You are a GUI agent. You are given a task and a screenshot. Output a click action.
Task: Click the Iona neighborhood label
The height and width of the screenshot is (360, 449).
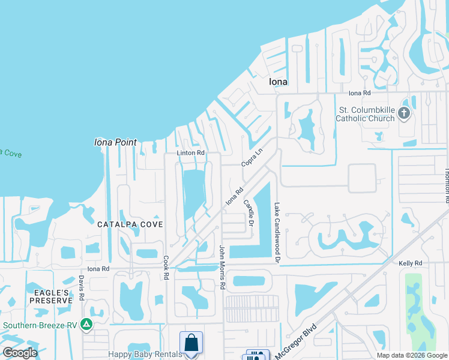click(278, 82)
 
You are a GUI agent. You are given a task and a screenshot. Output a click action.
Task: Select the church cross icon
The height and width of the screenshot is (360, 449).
click(404, 113)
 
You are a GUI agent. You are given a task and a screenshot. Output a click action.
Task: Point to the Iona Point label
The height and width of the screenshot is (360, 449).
click(115, 143)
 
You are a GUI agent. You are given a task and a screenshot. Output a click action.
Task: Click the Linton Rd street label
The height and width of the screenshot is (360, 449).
click(190, 153)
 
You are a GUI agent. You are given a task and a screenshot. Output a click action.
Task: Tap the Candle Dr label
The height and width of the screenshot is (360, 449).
click(249, 214)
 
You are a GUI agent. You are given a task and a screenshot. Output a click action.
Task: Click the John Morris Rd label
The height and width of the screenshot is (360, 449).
click(221, 268)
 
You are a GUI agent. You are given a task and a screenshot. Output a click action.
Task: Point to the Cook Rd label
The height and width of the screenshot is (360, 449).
click(166, 267)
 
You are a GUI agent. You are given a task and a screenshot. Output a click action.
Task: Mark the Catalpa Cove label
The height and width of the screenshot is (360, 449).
click(130, 224)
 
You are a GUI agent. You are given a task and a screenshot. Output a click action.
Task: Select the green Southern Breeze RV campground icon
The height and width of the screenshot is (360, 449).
click(86, 325)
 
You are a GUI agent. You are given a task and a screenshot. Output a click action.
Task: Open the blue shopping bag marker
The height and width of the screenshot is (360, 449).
click(191, 344)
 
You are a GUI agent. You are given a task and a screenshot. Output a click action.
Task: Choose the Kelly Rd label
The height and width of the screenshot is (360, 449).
click(411, 263)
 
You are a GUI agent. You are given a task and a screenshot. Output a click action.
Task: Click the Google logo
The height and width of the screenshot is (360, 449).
click(20, 353)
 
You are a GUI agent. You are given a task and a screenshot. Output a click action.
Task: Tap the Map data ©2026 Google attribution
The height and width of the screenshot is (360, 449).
click(411, 355)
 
